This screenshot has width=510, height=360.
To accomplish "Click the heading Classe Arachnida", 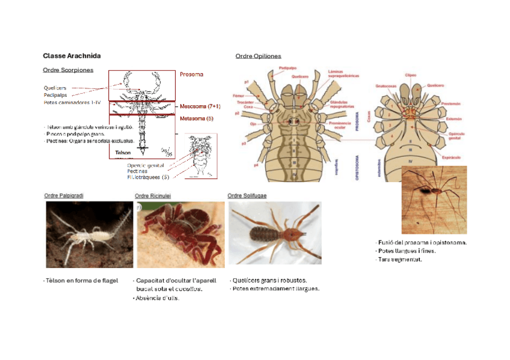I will pyautogui.click(x=72, y=56).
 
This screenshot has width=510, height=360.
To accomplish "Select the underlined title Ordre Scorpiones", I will pyautogui.click(x=68, y=70).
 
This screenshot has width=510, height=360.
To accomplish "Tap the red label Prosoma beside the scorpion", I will pyautogui.click(x=191, y=75).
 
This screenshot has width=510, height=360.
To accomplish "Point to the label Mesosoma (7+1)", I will pyautogui.click(x=200, y=106).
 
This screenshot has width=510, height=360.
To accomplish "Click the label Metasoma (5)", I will pyautogui.click(x=197, y=118).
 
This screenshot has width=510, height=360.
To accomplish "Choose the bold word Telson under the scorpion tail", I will pyautogui.click(x=123, y=153).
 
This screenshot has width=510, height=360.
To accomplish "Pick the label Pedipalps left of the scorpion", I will pyautogui.click(x=55, y=95).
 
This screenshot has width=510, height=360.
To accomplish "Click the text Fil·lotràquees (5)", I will pyautogui.click(x=148, y=177).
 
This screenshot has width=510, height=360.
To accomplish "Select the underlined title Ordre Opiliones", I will pyautogui.click(x=258, y=56).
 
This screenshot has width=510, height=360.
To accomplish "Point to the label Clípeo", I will pyautogui.click(x=411, y=75).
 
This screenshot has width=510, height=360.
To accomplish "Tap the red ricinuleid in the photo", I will pyautogui.click(x=178, y=231).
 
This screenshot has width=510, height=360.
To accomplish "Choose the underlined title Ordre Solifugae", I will pyautogui.click(x=247, y=195).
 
